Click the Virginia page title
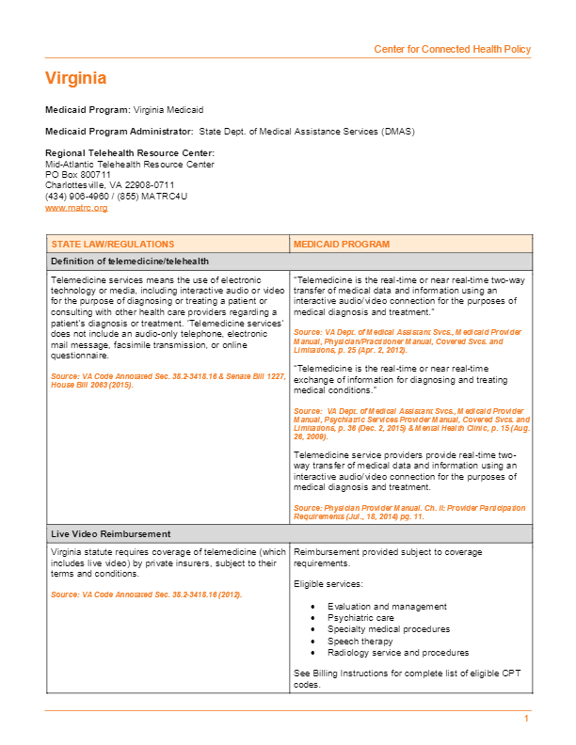point(76,78)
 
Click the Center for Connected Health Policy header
point(452,49)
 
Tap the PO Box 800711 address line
point(78,174)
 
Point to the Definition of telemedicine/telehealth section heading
point(130,261)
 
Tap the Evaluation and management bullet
point(387,607)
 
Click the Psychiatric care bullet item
point(359,618)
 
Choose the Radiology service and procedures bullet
point(397,652)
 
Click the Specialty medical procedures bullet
point(388,629)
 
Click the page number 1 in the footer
point(527,719)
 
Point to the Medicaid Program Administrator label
point(120,131)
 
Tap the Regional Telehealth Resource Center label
point(130,152)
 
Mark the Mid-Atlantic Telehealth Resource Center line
point(130,164)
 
